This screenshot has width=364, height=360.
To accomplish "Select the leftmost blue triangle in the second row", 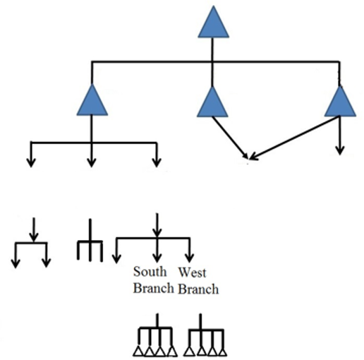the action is point(92,102).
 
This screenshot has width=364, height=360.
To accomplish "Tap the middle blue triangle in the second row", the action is point(212,104).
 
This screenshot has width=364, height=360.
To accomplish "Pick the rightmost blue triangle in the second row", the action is point(340,104).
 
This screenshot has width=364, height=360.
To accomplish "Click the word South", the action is point(150,272).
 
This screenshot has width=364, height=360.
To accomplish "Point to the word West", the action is point(192,272).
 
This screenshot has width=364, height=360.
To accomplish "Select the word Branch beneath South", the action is point(154,287).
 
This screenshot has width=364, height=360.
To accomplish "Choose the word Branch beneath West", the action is point(198,289).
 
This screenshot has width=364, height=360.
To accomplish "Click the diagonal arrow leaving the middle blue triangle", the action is point(230,138).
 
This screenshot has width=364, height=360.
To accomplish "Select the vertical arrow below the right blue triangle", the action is point(339,136).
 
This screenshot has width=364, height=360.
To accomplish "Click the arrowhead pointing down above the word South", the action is point(157,258).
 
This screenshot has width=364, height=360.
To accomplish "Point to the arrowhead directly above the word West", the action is point(189,258).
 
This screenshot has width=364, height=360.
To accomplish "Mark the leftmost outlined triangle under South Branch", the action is point(138,351).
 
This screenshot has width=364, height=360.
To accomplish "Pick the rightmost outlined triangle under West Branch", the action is point(222,352).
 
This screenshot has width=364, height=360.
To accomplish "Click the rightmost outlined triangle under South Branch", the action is point(172,351).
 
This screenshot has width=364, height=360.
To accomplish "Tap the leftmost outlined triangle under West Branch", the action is point(189,352).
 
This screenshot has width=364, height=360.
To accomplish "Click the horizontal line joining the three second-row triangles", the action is point(215,62).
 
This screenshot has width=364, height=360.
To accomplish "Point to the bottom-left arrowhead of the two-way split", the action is point(16,263).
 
